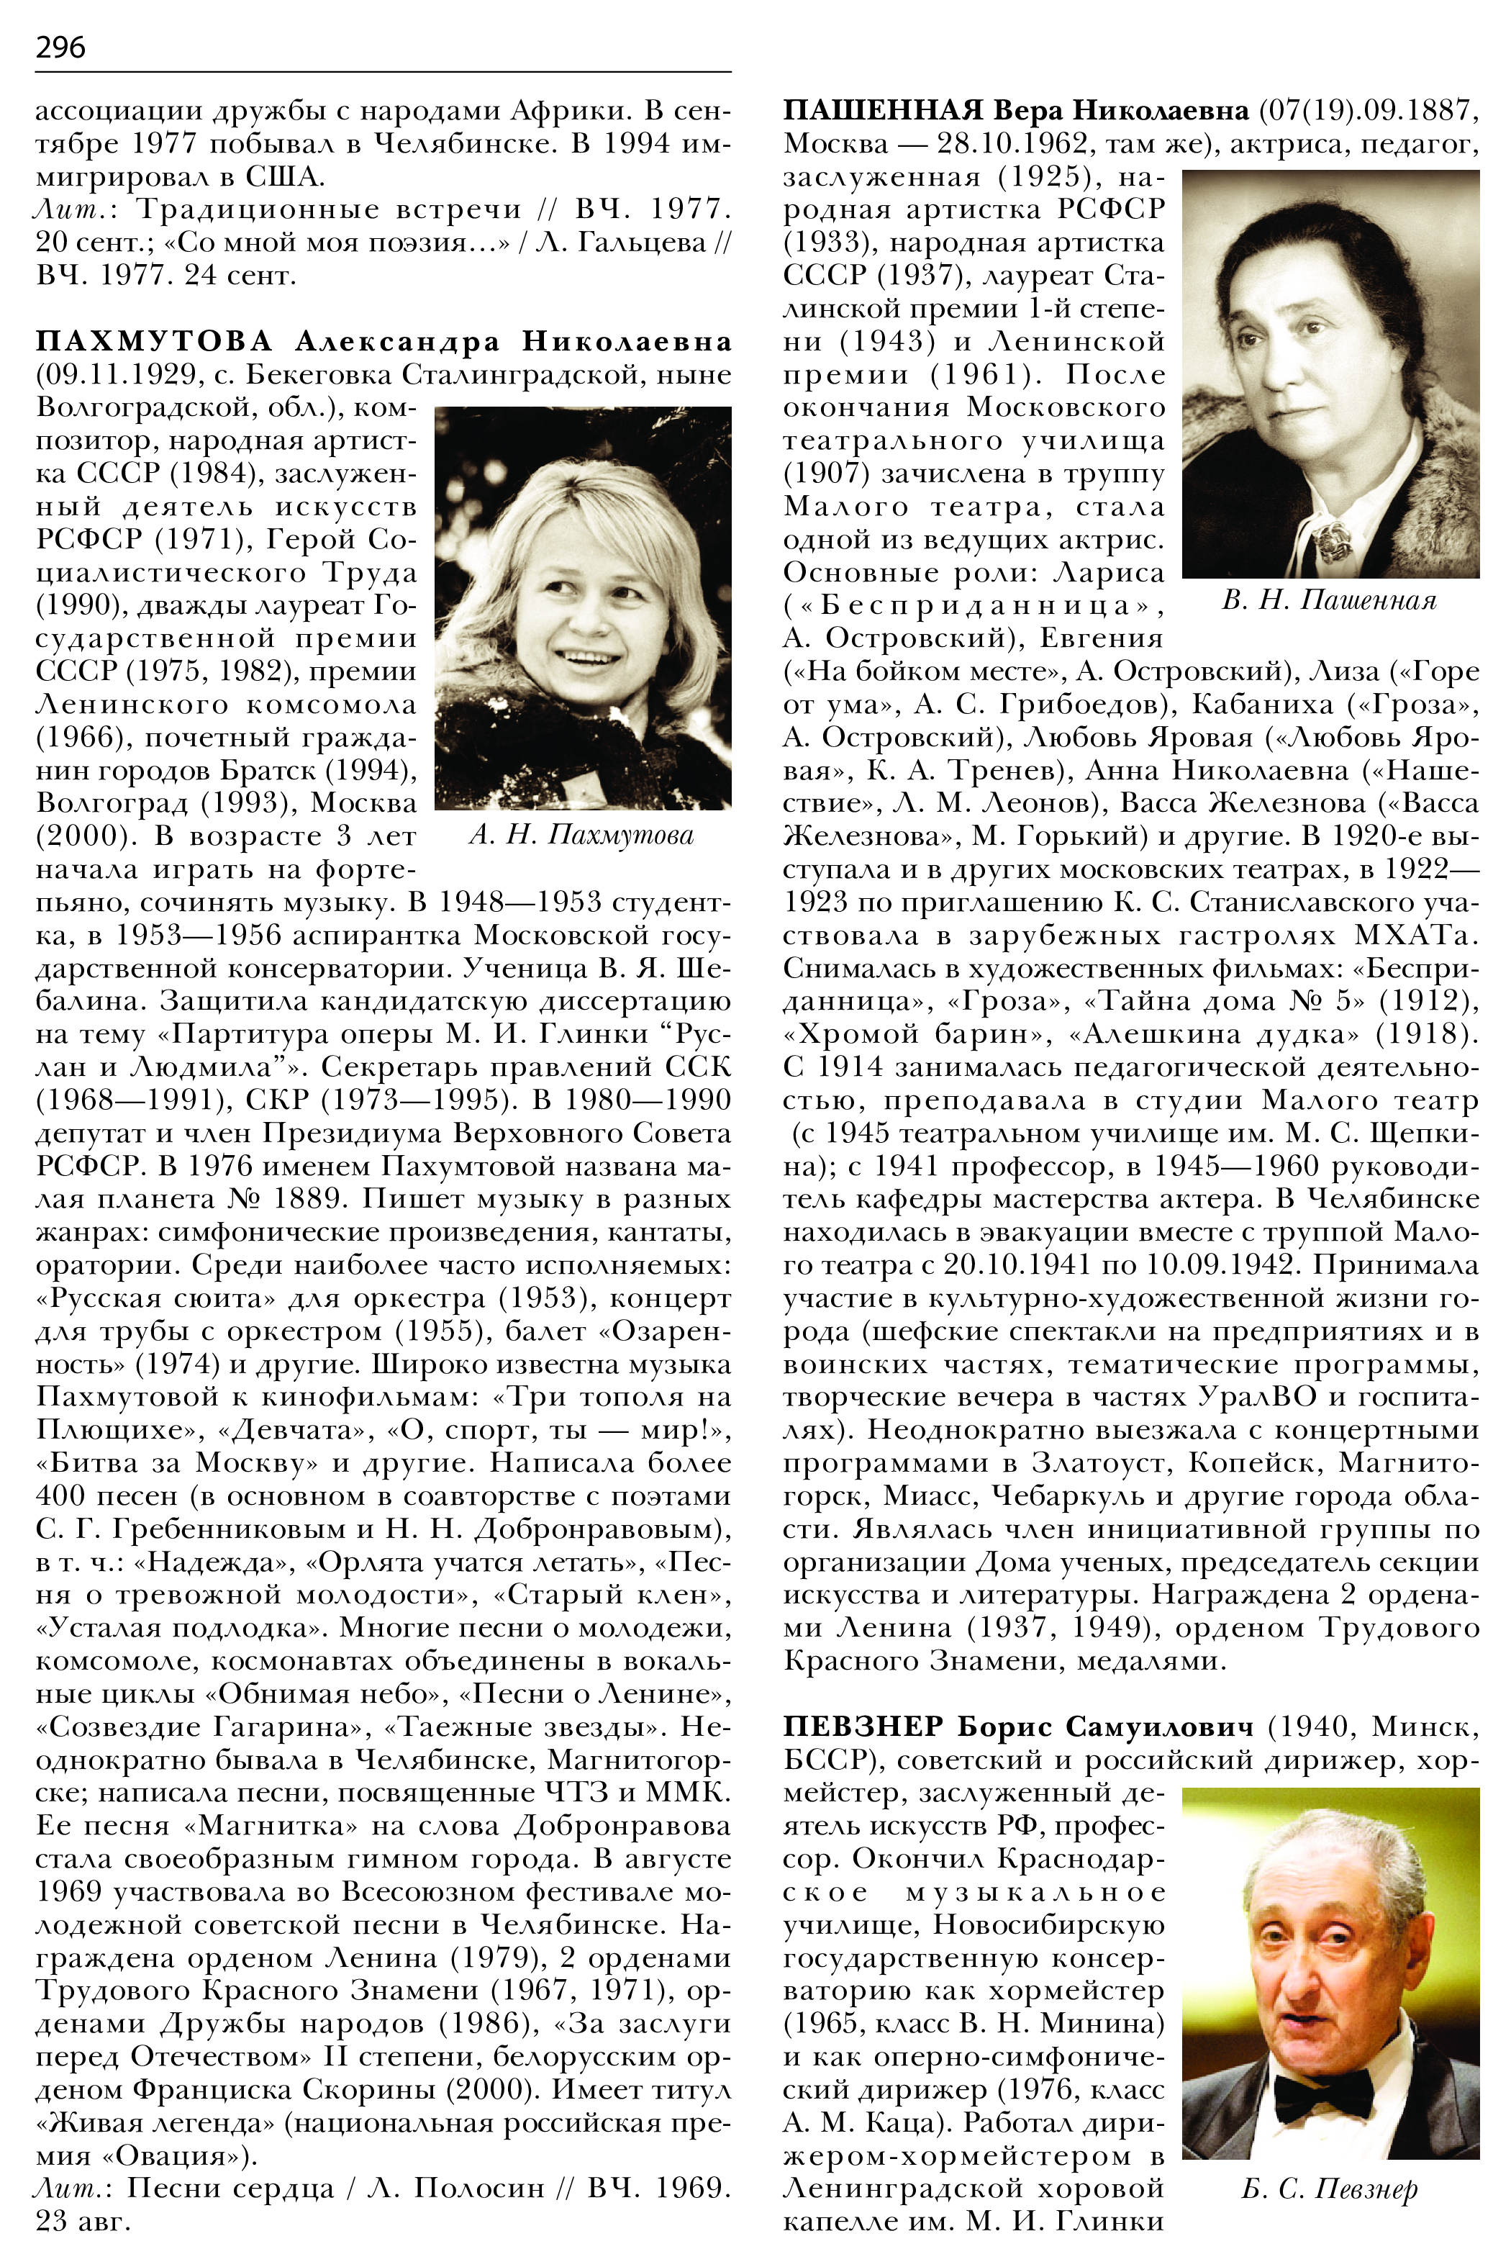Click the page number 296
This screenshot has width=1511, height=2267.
coord(60,46)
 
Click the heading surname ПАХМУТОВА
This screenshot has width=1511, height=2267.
coord(154,341)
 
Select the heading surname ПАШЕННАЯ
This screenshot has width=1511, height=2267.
coord(883,111)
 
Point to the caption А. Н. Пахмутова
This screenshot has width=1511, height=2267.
coord(582,835)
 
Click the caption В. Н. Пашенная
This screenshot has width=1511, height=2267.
coord(1329,602)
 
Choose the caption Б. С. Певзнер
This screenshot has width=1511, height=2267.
coord(1329,2189)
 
